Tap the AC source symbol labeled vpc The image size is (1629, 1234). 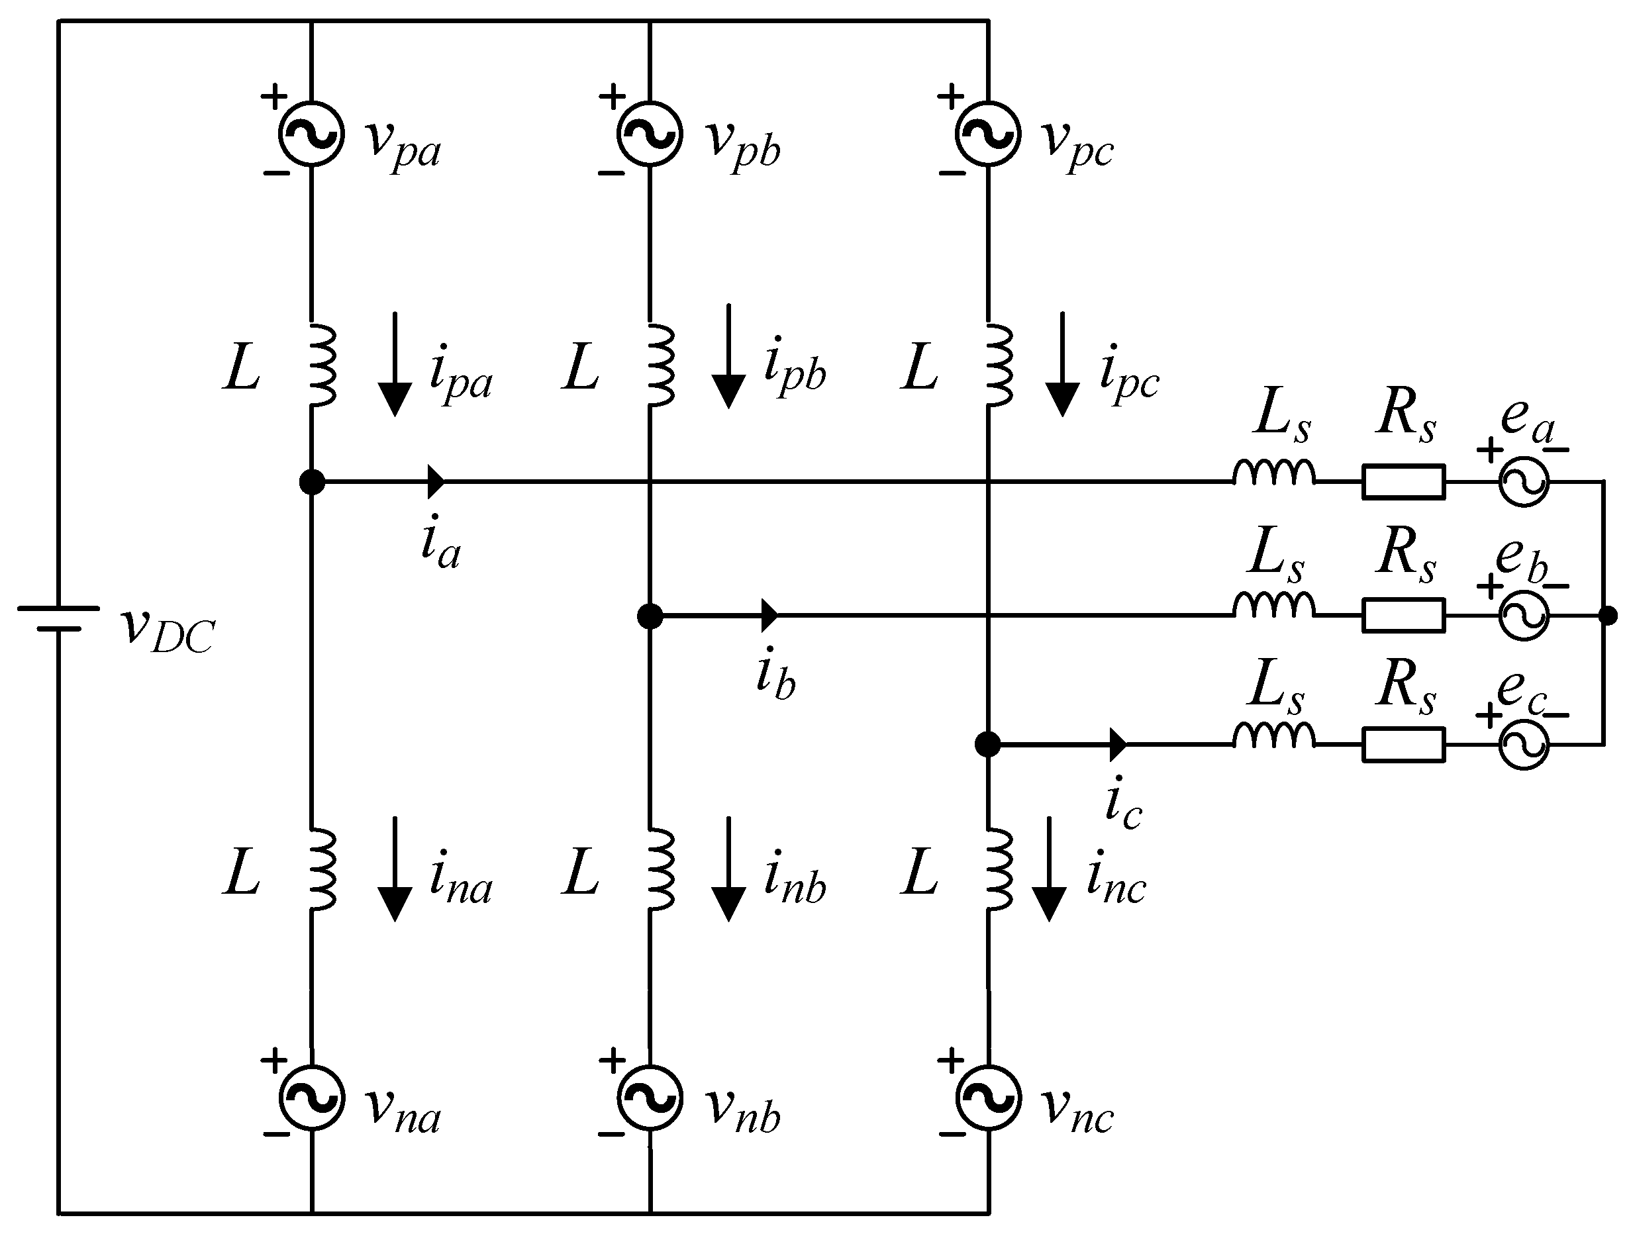988,134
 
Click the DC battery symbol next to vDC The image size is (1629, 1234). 59,618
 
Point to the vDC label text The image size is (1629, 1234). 168,632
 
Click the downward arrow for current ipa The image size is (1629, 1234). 395,365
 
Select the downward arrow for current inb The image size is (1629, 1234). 728,869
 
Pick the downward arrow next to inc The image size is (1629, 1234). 1049,869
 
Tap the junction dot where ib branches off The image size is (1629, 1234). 650,616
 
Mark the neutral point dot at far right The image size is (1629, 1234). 1609,616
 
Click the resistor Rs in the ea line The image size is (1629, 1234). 1403,482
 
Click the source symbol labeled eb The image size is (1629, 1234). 1524,616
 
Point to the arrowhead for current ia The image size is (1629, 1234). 436,482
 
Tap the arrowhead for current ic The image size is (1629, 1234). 1117,744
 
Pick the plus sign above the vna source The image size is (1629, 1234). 274,1061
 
